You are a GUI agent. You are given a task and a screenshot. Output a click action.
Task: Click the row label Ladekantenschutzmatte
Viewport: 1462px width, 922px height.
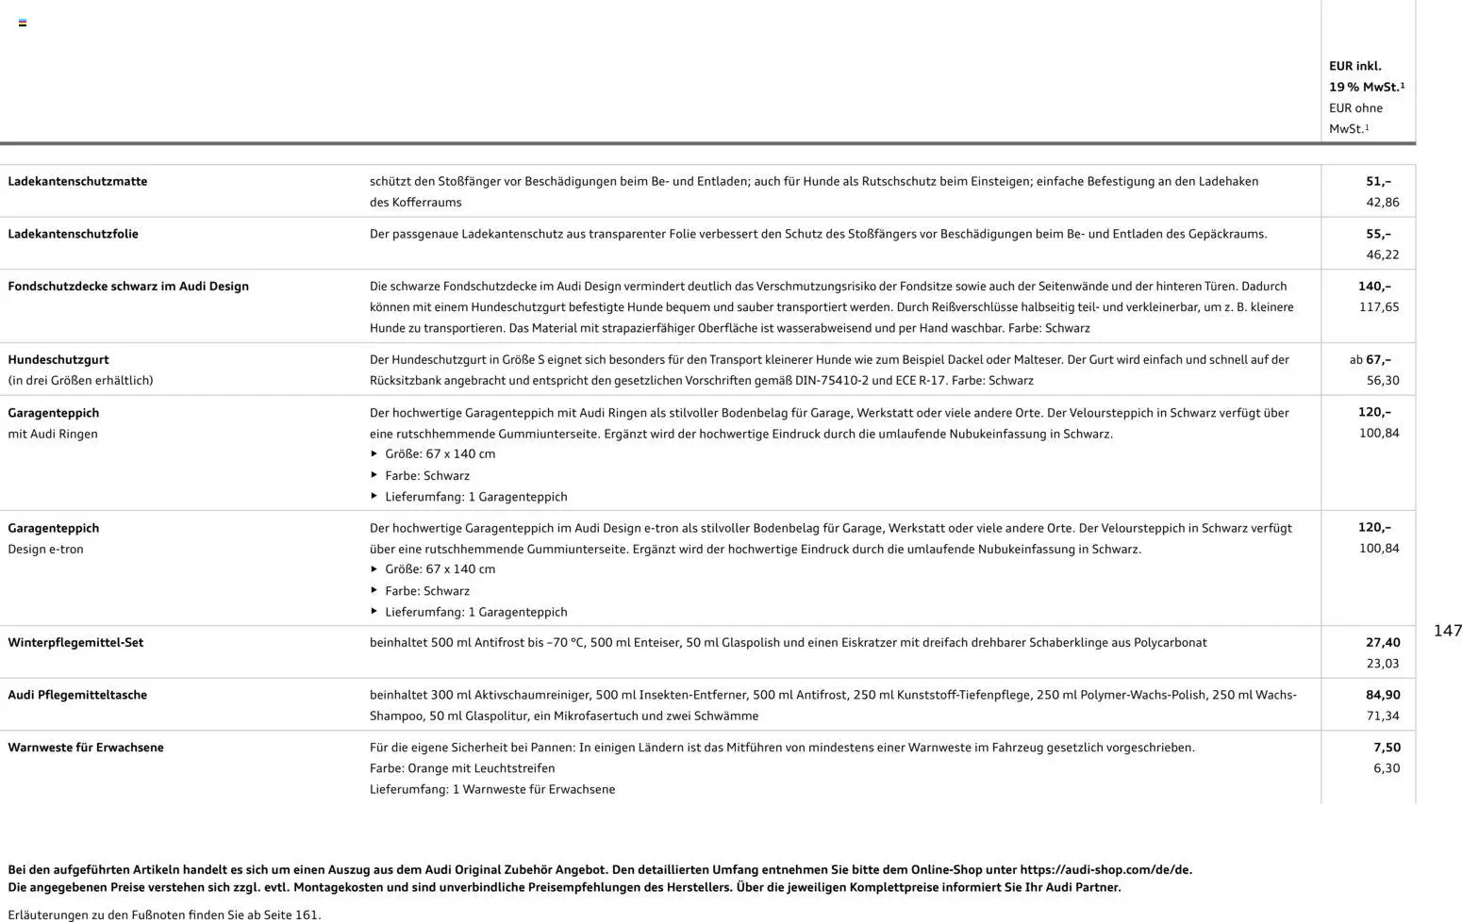[77, 181]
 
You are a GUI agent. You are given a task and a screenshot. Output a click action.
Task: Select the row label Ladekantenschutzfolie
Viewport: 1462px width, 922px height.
[73, 234]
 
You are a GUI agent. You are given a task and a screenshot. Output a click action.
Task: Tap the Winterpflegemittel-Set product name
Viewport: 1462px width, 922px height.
[75, 642]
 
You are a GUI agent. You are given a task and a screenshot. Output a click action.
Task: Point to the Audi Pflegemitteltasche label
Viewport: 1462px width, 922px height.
[77, 695]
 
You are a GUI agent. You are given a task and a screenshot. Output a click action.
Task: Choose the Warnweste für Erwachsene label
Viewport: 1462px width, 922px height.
[86, 748]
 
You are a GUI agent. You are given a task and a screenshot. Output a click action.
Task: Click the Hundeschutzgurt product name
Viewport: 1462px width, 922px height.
[58, 359]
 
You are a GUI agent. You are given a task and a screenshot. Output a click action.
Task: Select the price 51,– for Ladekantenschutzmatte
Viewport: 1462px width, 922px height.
[1378, 181]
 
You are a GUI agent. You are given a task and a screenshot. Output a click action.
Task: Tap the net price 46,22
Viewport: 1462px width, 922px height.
[1382, 255]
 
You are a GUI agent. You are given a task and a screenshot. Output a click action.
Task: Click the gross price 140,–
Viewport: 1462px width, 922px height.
[1374, 286]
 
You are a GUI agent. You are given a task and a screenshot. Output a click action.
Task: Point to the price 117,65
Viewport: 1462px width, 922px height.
[1379, 307]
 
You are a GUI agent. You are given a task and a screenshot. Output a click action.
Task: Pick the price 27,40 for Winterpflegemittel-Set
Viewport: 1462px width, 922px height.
[1383, 642]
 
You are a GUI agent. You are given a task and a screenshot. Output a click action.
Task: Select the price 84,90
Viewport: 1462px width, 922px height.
[1383, 695]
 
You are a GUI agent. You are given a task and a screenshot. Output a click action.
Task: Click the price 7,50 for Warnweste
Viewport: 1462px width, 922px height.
[1387, 748]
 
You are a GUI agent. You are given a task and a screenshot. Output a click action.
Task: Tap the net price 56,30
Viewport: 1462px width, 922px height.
[1383, 381]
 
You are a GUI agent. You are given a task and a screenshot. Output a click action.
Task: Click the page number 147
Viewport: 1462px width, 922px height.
[1447, 631]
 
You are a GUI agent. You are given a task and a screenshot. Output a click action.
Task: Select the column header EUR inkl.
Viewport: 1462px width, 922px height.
[1355, 66]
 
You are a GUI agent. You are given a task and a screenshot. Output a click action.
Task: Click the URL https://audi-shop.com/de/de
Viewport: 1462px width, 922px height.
[1105, 870]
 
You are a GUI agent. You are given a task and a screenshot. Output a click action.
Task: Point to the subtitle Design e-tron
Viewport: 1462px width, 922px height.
[45, 549]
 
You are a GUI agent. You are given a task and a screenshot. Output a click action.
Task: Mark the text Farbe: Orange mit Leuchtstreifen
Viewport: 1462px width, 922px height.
[462, 768]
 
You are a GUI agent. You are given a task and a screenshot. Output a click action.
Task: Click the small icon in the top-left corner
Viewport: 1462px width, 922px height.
[23, 23]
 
